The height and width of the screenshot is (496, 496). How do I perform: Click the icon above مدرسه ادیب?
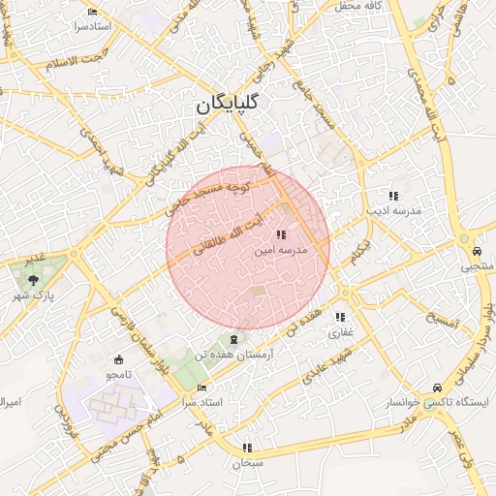click(x=392, y=196)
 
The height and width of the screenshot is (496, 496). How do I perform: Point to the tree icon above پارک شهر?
click(x=34, y=279)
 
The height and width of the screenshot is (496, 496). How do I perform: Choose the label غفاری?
click(x=341, y=332)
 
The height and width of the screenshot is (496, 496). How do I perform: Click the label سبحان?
click(x=247, y=463)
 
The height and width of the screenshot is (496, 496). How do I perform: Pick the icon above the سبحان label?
click(x=247, y=448)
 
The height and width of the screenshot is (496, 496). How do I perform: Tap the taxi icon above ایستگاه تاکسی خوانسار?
click(x=439, y=386)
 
